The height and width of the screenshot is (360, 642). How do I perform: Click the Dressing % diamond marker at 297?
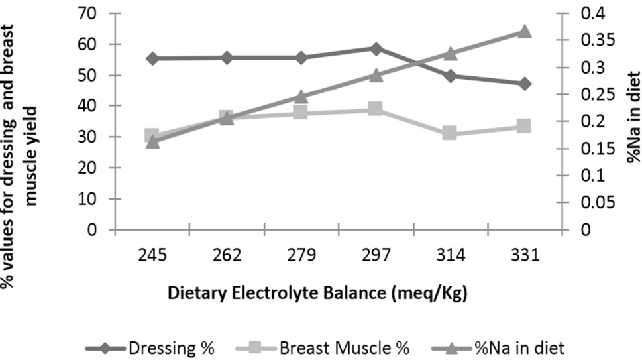click(x=376, y=49)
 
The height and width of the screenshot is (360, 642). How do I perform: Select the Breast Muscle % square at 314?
click(x=450, y=133)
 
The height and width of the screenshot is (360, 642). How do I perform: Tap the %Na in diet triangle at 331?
click(x=524, y=31)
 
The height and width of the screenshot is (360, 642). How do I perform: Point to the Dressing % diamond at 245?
click(x=153, y=58)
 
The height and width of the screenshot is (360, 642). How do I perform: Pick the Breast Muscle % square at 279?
click(x=301, y=112)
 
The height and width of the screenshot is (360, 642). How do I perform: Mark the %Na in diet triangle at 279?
click(x=301, y=97)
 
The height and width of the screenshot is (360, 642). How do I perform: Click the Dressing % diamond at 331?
click(x=525, y=84)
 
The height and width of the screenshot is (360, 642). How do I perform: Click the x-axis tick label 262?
click(x=227, y=255)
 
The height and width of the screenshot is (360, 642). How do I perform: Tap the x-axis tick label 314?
click(x=451, y=255)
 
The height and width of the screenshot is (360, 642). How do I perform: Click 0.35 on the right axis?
click(x=598, y=40)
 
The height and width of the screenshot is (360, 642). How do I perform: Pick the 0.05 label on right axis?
click(x=598, y=202)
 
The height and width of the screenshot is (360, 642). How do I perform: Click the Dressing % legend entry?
click(x=150, y=349)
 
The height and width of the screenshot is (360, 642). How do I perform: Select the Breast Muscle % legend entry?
click(x=323, y=349)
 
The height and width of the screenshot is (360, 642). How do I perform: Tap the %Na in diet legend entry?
click(x=498, y=349)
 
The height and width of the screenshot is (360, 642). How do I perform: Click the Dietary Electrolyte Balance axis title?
click(x=317, y=294)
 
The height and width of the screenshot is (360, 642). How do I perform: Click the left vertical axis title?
click(x=20, y=156)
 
